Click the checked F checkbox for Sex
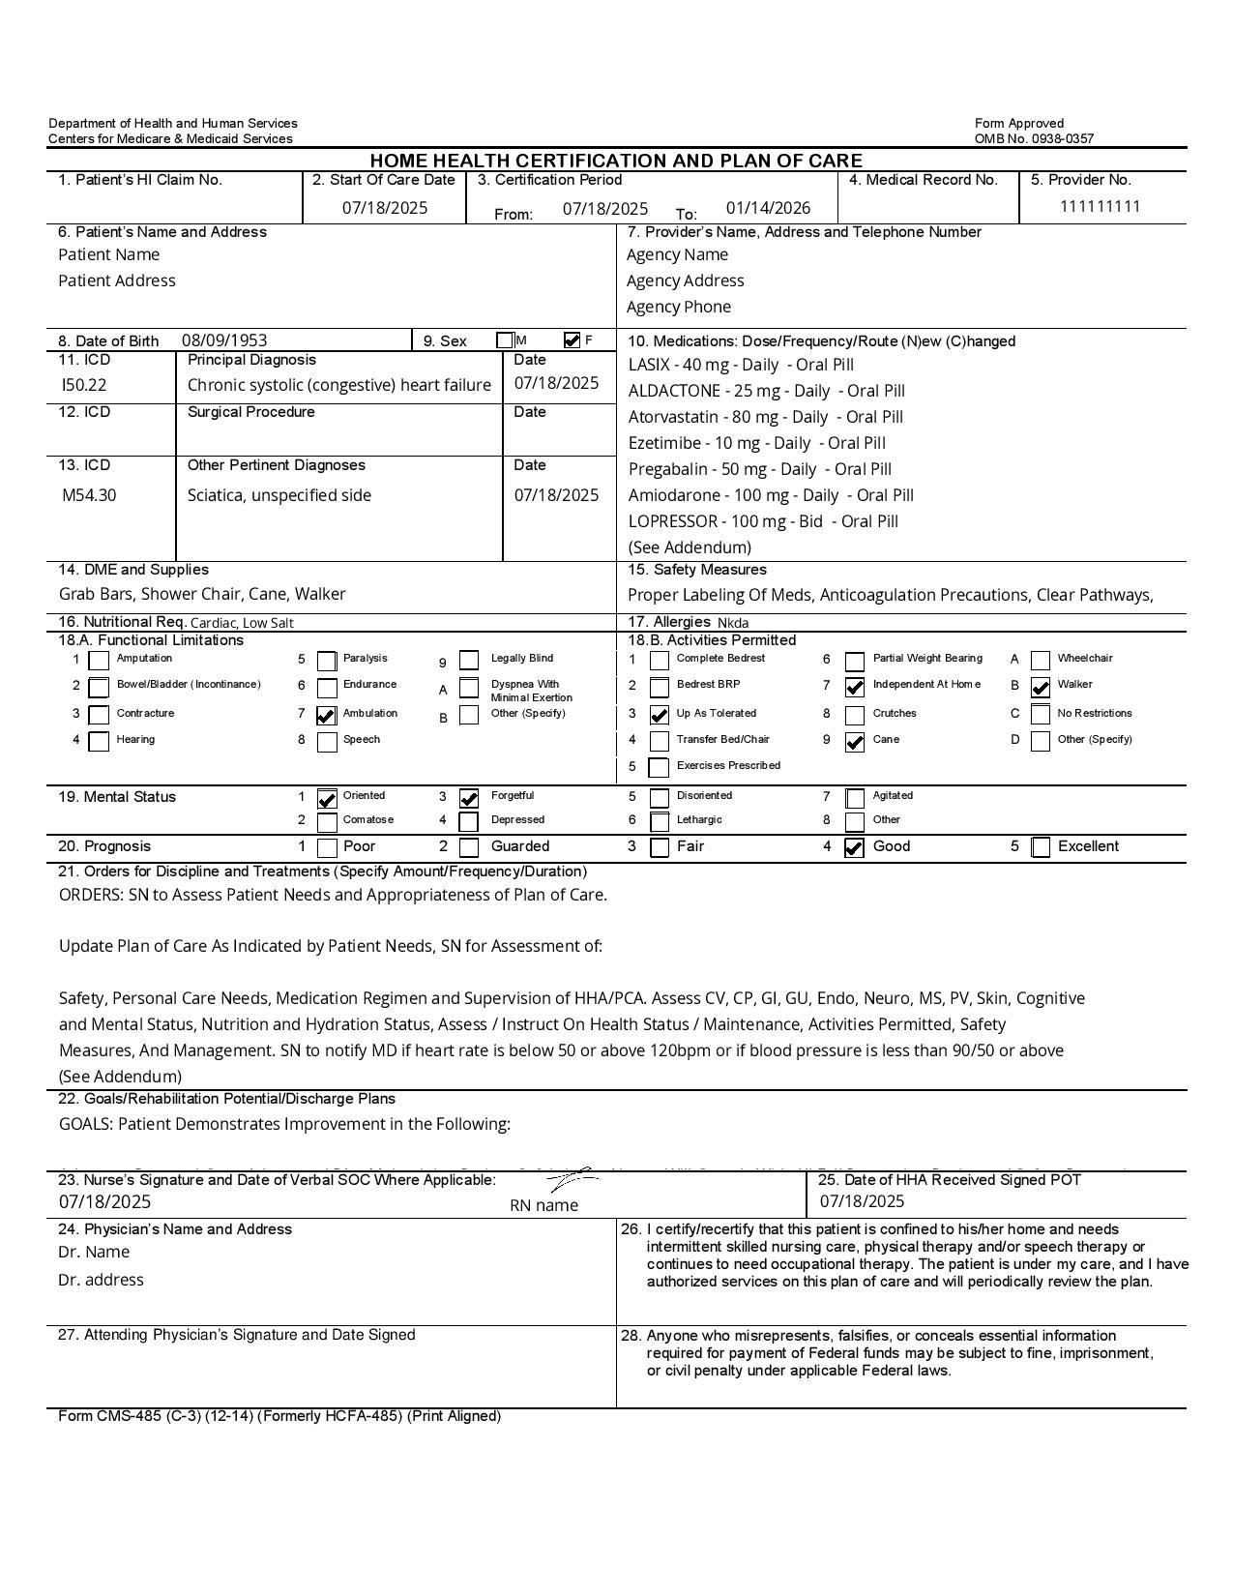tap(572, 340)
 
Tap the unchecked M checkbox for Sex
tap(505, 340)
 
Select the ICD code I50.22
tap(84, 385)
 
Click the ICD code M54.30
tap(89, 495)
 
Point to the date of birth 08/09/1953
tap(224, 340)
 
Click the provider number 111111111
tap(1101, 206)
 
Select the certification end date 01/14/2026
tap(768, 208)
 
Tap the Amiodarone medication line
tap(771, 495)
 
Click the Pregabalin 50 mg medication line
tap(760, 469)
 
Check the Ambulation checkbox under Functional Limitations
tap(327, 716)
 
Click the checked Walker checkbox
tap(1041, 688)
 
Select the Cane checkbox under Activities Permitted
tap(855, 742)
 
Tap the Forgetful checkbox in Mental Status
tap(469, 798)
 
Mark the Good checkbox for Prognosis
tap(854, 848)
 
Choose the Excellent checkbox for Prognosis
tap(1041, 848)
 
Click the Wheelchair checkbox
tap(1041, 661)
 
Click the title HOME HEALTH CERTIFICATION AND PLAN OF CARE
tap(616, 161)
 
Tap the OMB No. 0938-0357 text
tap(1034, 138)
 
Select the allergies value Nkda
tap(733, 623)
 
